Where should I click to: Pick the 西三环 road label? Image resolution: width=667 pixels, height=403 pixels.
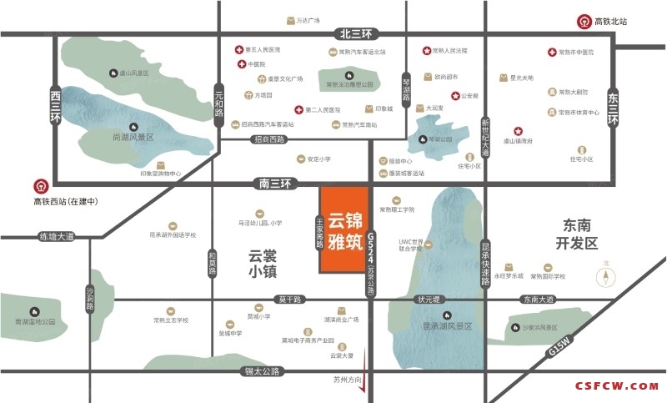[x=57, y=106]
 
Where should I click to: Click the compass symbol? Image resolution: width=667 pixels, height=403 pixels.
[x=606, y=275]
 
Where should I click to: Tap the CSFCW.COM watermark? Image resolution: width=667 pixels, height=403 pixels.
[x=617, y=386]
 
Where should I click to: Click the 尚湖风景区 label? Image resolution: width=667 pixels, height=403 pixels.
[x=133, y=137]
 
